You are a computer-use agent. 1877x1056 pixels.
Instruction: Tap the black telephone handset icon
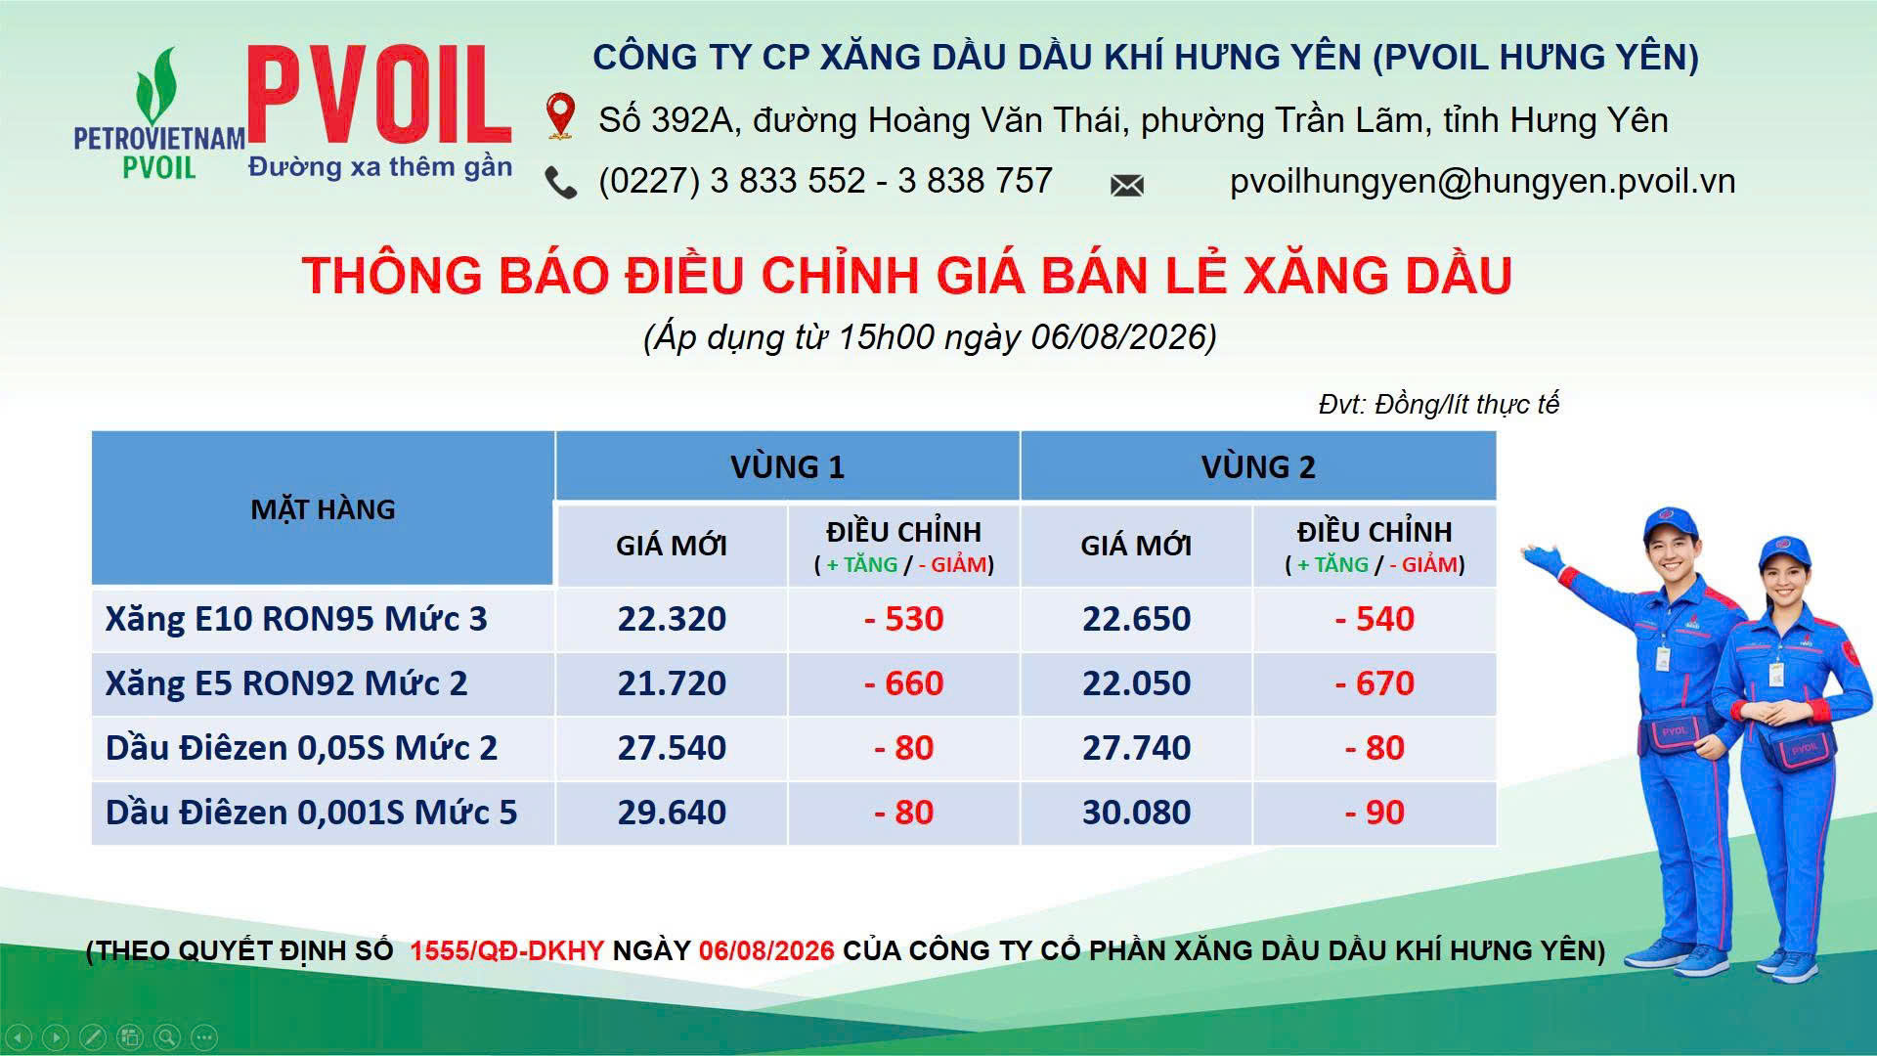coord(560,183)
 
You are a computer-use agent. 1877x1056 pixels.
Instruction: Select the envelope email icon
coord(1127,185)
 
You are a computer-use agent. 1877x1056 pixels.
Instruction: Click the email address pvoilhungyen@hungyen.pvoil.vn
coord(1482,181)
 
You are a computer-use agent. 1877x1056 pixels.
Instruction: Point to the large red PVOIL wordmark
coord(379,96)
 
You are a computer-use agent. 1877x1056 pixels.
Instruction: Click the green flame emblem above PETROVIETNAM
coord(157,87)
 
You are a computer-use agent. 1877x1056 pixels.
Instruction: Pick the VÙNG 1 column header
coord(787,466)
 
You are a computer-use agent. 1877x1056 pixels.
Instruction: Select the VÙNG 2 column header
coord(1258,466)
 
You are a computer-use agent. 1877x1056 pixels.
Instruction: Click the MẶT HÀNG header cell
coord(323,508)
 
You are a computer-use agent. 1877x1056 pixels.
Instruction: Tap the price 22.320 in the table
coord(672,619)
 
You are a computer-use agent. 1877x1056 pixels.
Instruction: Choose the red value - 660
coord(904,683)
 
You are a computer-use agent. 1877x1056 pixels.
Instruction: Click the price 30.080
coord(1136,813)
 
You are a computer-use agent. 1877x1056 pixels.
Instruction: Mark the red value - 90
coord(1375,813)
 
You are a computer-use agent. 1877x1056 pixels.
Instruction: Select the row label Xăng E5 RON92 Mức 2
coord(286,683)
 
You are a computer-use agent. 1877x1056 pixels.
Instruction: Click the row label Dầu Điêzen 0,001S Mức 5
coord(311,813)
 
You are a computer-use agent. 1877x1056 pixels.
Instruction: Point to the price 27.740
coord(1136,748)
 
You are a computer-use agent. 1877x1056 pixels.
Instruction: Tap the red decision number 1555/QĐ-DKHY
coord(506,950)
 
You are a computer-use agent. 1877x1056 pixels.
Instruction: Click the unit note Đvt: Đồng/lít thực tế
coord(1438,404)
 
